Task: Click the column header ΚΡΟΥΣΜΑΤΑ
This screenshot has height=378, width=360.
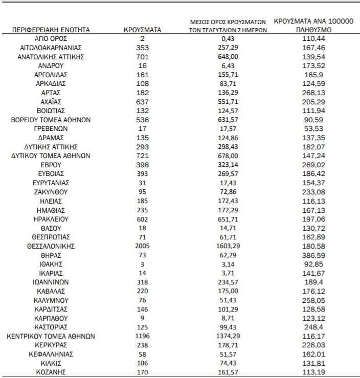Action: (143, 30)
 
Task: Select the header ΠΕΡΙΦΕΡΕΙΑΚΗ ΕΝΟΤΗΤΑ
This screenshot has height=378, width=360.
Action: (51, 30)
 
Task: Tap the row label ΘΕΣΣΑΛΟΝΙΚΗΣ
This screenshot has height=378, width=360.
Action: (51, 246)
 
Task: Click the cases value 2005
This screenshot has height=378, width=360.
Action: (143, 246)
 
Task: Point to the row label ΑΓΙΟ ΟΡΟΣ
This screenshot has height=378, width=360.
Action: (51, 39)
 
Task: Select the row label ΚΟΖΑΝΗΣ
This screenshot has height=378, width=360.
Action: (51, 372)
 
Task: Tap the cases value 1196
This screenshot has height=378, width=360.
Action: (143, 336)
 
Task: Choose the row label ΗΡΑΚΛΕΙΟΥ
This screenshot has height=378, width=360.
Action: (51, 219)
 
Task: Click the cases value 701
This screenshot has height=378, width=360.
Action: (143, 57)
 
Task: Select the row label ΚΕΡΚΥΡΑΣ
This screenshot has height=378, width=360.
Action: (51, 345)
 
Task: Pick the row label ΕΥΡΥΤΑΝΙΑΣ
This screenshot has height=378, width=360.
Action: (51, 183)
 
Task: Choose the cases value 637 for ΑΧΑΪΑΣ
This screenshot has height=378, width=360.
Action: (143, 102)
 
